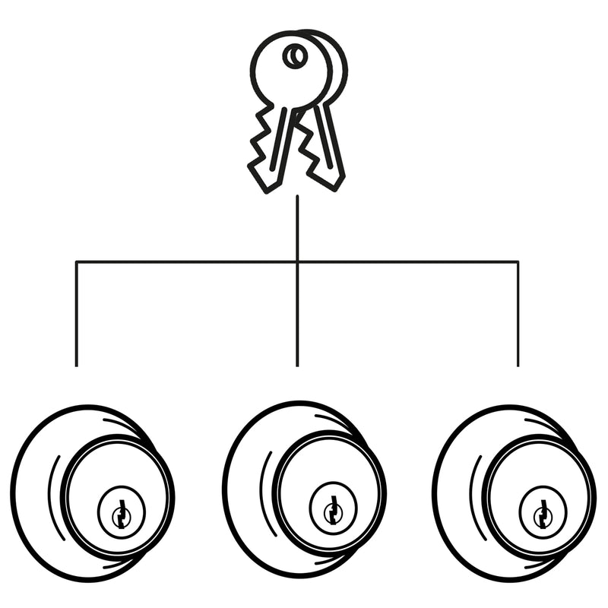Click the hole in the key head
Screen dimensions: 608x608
(295, 55)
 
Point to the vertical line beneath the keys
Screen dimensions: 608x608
(297, 228)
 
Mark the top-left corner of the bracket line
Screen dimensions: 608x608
(76, 262)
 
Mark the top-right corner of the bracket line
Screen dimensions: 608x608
(518, 262)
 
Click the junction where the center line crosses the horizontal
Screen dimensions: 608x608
(297, 262)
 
